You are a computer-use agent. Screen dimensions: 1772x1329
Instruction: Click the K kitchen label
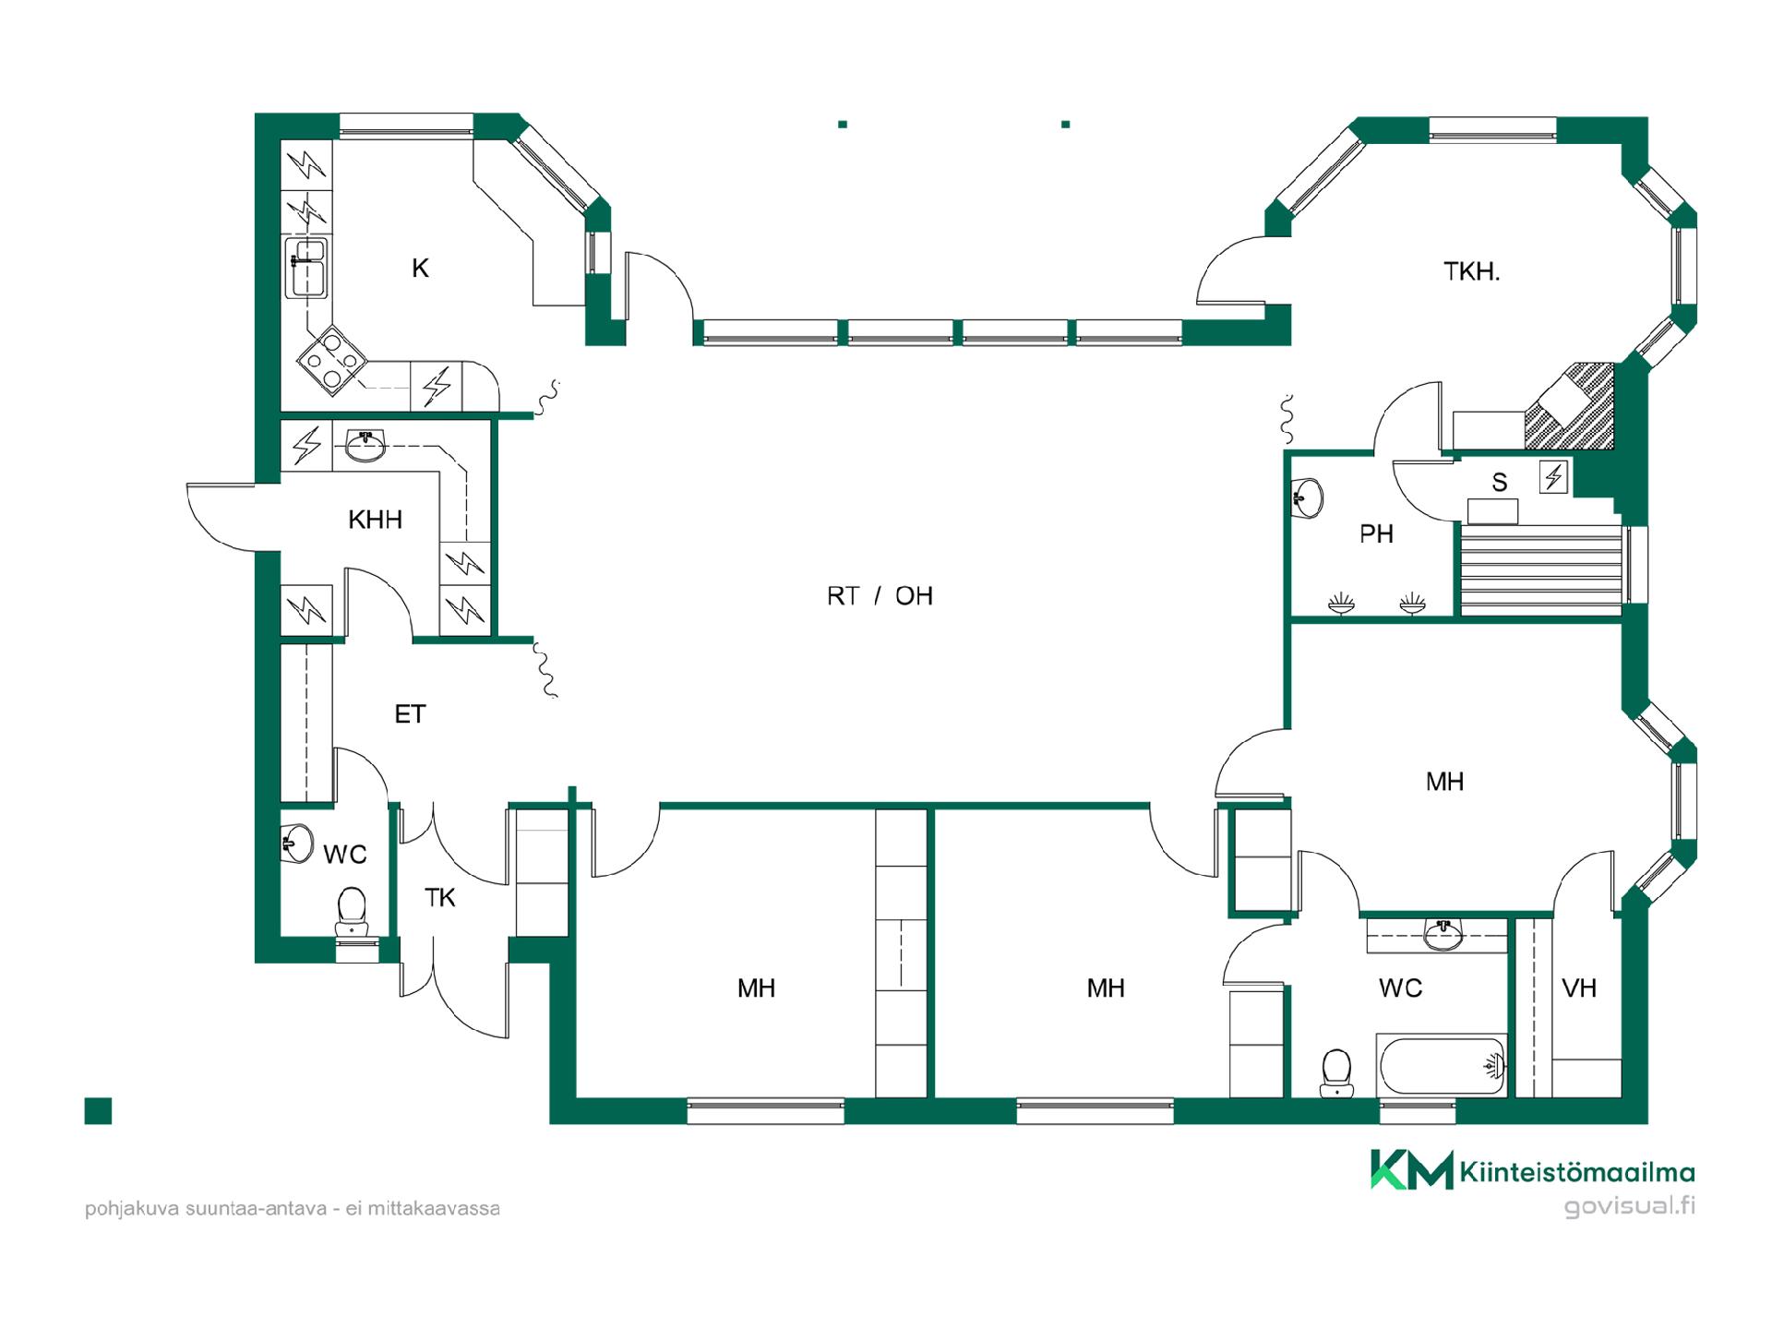[420, 269]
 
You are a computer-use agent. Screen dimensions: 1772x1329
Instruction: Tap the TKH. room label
[1471, 271]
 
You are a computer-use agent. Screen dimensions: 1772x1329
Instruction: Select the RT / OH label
[880, 596]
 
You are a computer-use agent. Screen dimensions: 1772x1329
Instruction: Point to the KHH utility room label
[375, 520]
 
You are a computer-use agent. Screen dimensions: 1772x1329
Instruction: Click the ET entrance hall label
[410, 714]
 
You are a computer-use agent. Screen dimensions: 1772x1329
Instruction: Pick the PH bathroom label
[1376, 534]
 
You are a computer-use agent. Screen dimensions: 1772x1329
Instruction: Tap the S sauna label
[1500, 482]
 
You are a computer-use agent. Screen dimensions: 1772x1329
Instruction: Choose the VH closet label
[1579, 988]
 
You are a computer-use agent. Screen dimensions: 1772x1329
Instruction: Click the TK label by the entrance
[440, 897]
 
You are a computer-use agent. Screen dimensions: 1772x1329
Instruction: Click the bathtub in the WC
[1442, 1066]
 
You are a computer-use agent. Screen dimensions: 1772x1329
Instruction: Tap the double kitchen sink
[306, 268]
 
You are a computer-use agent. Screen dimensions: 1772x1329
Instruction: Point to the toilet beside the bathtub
[1336, 1072]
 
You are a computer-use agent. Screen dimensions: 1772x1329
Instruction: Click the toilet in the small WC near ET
[351, 913]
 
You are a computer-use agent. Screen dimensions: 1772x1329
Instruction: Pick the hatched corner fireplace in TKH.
[1570, 406]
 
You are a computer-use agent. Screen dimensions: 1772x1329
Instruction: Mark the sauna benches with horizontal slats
[1539, 570]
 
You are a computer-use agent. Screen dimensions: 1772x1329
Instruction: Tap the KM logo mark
[1411, 1170]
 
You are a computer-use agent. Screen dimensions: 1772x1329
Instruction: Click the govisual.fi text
[1630, 1206]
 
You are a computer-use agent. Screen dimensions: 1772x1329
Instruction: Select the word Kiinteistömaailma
[1577, 1172]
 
